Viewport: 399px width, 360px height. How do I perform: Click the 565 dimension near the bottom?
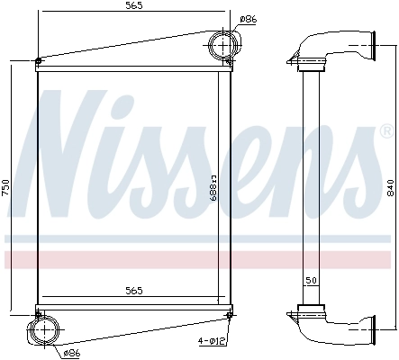click(132, 291)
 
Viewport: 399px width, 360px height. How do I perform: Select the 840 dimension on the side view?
click(389, 188)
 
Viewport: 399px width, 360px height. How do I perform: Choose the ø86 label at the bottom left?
click(71, 353)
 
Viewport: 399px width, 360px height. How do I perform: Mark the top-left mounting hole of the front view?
click(38, 61)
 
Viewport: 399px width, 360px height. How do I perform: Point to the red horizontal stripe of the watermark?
click(199, 260)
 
